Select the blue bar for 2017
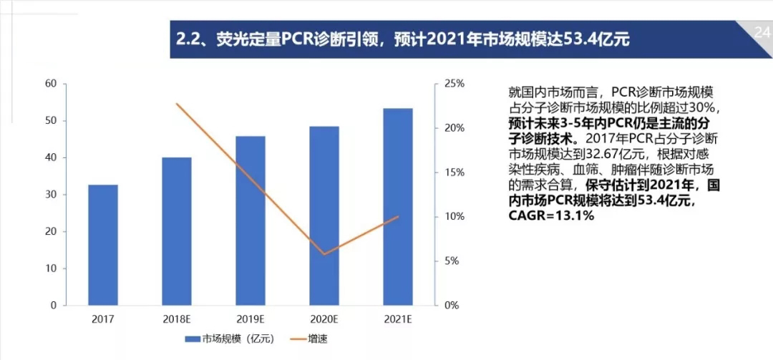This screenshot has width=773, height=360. (103, 245)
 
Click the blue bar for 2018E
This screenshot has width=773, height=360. (176, 231)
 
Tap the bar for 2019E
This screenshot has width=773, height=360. (250, 220)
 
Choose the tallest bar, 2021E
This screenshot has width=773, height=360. (397, 207)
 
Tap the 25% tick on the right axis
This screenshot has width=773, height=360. (454, 84)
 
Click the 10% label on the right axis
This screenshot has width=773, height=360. (454, 217)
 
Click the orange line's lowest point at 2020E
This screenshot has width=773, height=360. (324, 254)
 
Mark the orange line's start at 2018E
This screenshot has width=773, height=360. (177, 104)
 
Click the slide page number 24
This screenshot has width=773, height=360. (762, 31)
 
